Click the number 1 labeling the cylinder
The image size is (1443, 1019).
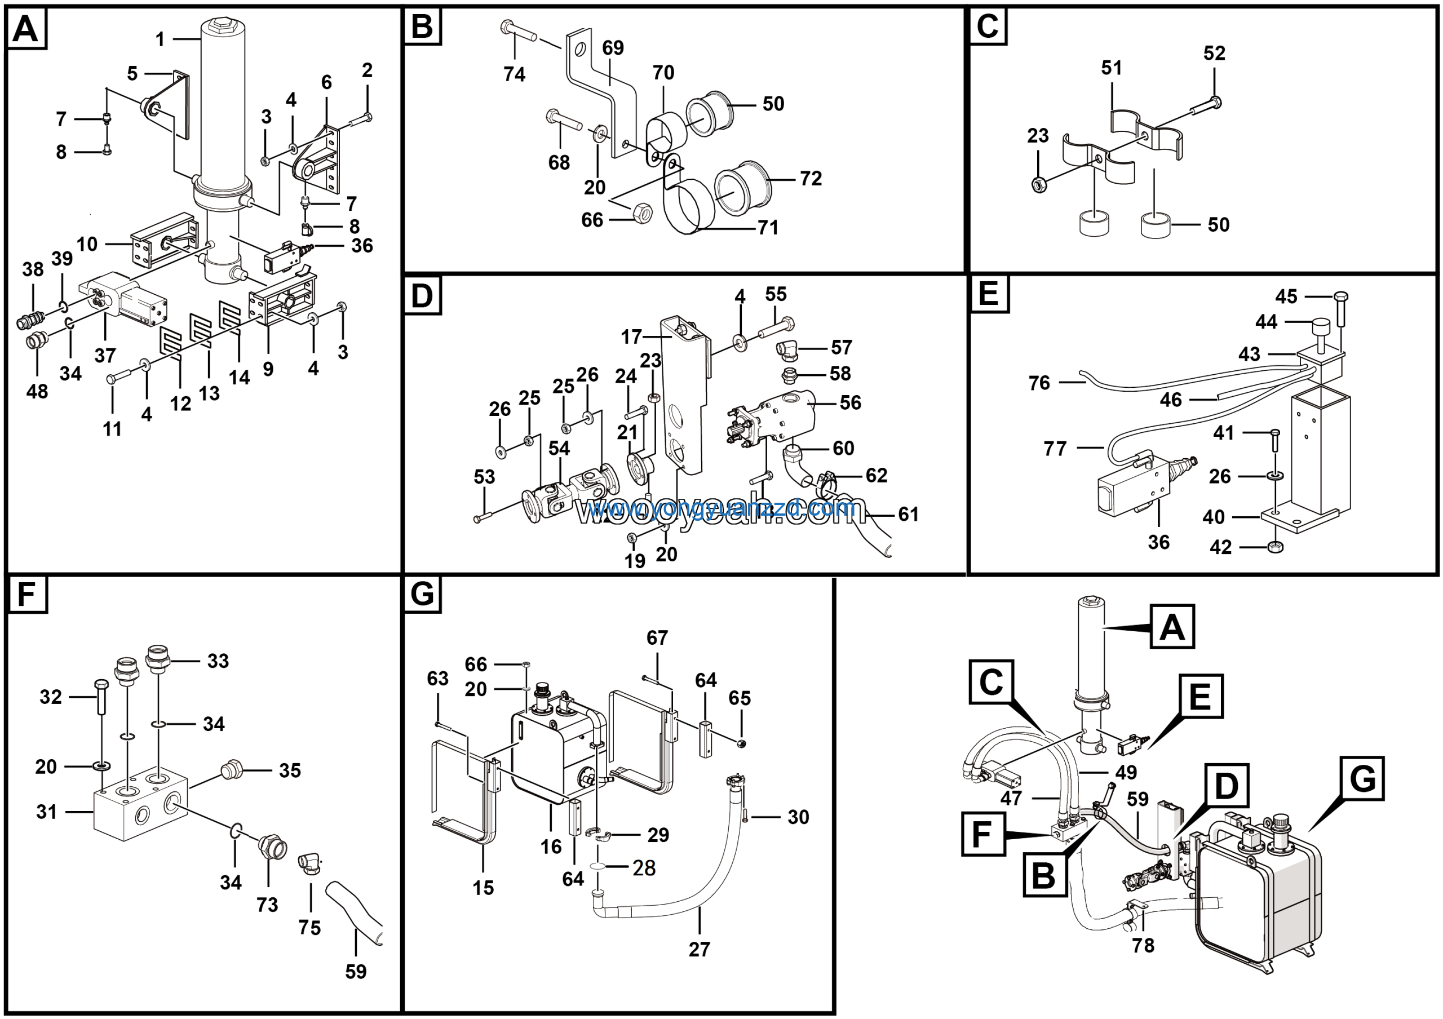160,39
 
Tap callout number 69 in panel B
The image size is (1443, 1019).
613,48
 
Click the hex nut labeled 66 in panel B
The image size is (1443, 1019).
641,214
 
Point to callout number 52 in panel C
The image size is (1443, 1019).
1214,54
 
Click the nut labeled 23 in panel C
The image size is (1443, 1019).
1039,184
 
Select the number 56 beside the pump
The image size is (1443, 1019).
851,403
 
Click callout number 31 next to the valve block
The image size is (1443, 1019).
47,812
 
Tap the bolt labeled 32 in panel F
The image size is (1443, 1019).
100,695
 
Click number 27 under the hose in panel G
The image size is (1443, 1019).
699,949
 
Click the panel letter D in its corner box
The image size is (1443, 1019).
422,295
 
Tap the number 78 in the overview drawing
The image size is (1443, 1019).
1143,946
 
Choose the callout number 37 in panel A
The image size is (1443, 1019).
105,356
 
